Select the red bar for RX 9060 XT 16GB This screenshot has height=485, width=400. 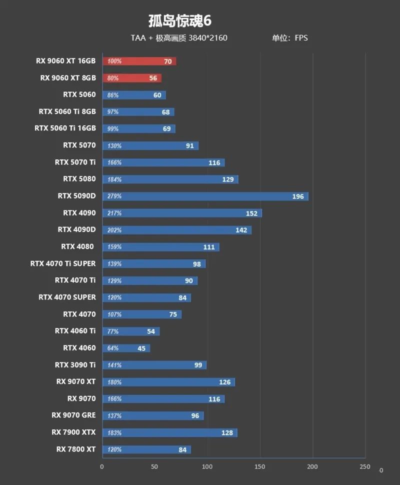[139, 61]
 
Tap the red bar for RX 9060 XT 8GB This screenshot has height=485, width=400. [132, 78]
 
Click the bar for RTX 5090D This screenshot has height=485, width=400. [205, 196]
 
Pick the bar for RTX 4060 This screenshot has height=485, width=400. [126, 348]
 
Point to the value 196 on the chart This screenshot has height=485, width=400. [298, 196]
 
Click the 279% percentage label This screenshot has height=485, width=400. [114, 196]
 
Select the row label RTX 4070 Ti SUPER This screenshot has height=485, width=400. [63, 263]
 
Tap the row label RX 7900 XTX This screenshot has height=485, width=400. [73, 432]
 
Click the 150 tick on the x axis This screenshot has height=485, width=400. [260, 467]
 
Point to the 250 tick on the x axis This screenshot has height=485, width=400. [365, 467]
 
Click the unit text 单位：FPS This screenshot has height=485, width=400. [289, 38]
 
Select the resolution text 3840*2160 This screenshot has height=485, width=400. [208, 38]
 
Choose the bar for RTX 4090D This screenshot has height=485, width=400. [176, 230]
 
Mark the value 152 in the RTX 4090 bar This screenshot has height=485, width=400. [251, 213]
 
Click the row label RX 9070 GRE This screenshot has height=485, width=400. [73, 415]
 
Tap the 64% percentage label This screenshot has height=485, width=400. [113, 348]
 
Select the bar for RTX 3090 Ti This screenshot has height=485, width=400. [154, 365]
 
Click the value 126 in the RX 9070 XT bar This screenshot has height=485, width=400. [224, 382]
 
